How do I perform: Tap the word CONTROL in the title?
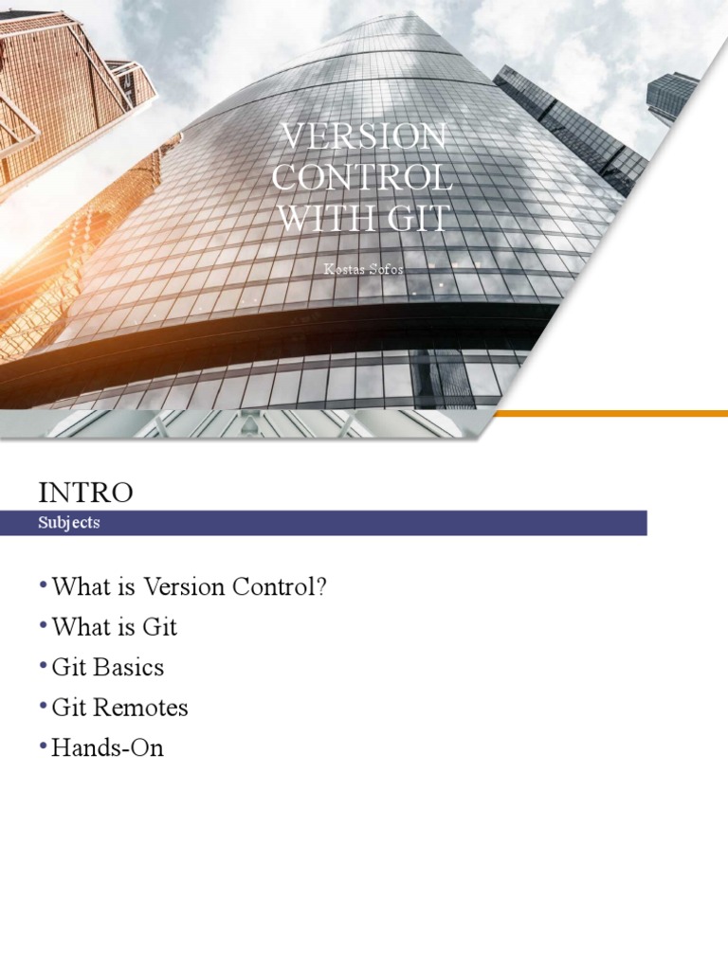point(363,178)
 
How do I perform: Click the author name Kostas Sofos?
point(364,269)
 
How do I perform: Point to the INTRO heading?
point(85,492)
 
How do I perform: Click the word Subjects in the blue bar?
point(69,523)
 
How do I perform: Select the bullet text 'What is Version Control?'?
point(190,586)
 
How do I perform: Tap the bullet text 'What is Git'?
point(115,627)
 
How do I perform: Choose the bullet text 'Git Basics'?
point(108,668)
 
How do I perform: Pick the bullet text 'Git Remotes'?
point(120,708)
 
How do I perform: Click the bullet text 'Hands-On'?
point(108,748)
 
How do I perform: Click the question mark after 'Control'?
point(321,586)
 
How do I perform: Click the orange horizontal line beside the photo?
point(610,413)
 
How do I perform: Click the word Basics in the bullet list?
point(129,668)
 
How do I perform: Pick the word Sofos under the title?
point(386,269)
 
